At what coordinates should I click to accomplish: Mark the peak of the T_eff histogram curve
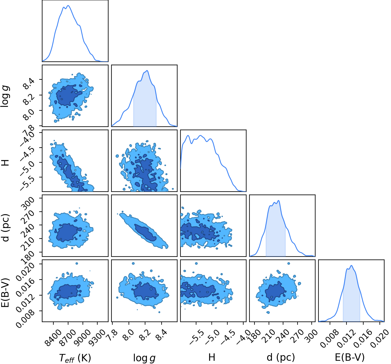[x=68, y=6]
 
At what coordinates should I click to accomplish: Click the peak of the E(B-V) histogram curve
[x=351, y=265]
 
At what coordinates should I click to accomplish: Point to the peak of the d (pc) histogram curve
[x=279, y=200]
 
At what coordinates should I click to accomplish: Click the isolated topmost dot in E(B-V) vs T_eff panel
[x=77, y=263]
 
